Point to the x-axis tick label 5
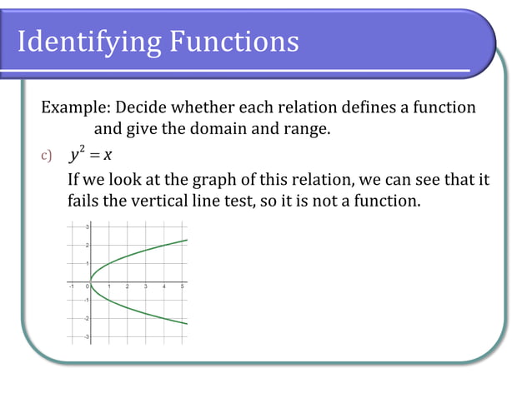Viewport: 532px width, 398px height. coord(183,286)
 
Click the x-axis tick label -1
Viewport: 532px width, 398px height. coord(71,286)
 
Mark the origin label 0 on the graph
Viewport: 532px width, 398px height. coord(87,286)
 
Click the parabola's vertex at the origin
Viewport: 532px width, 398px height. coord(91,281)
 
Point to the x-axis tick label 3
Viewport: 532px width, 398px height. coord(146,286)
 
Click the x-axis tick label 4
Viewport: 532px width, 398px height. coord(164,286)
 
